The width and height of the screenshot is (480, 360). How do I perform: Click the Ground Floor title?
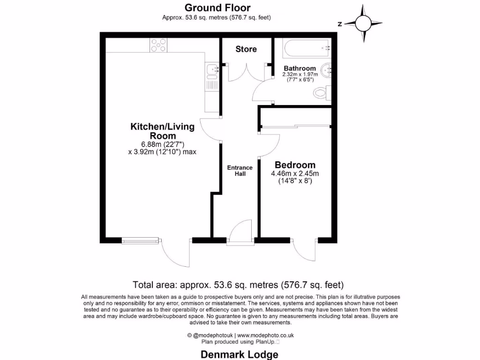[217, 7]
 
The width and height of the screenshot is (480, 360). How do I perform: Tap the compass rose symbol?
[363, 23]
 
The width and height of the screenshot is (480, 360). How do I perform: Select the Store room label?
[246, 49]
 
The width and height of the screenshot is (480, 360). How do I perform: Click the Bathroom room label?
[299, 68]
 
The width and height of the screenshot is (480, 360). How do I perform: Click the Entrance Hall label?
[240, 171]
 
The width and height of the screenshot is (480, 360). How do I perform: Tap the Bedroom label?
[295, 165]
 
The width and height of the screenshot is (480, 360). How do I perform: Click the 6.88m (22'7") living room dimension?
[163, 144]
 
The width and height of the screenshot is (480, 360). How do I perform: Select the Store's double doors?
[246, 73]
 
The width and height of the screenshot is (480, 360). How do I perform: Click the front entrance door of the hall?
[240, 232]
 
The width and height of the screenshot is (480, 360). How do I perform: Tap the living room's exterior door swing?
[177, 253]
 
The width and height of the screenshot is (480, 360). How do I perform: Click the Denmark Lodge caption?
[240, 354]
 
